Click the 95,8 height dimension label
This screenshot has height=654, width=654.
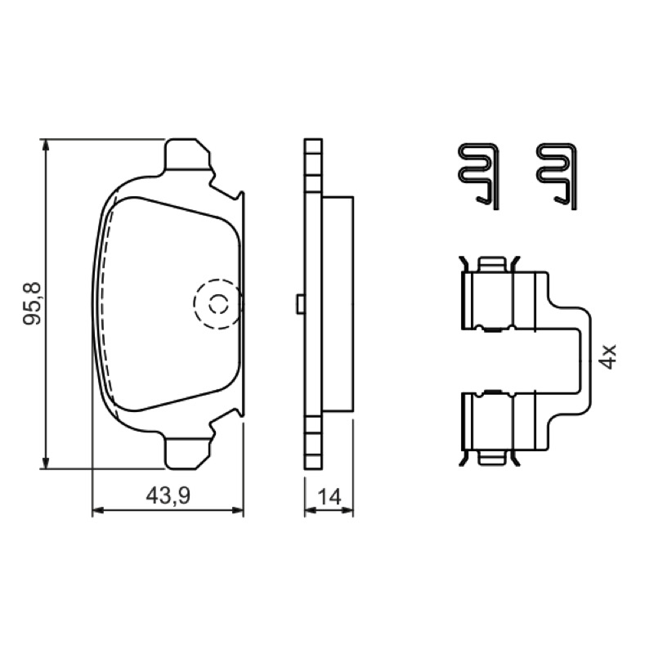[32, 303]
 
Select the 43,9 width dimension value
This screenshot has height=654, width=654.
[168, 496]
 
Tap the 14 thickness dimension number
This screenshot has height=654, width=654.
[329, 497]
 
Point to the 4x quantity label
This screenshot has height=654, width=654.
[608, 356]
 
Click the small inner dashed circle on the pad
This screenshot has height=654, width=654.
[218, 304]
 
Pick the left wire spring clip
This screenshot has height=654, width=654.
[478, 176]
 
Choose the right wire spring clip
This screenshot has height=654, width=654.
[557, 176]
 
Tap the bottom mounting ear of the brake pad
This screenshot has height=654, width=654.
[186, 453]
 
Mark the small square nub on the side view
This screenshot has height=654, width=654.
[300, 304]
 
